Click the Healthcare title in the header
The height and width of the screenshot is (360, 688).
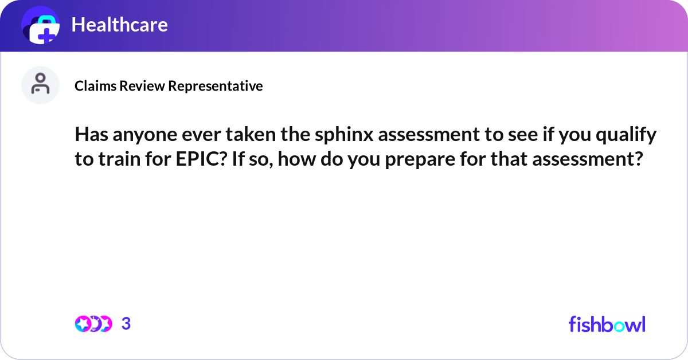pyautogui.click(x=119, y=25)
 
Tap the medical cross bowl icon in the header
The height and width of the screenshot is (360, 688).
pyautogui.click(x=41, y=25)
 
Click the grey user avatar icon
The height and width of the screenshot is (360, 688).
pyautogui.click(x=40, y=85)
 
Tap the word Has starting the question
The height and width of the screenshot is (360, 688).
pyautogui.click(x=90, y=136)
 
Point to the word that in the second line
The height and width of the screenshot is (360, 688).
pyautogui.click(x=508, y=159)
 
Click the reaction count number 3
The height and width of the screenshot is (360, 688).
pyautogui.click(x=126, y=324)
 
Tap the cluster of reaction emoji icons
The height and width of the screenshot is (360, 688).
pyautogui.click(x=93, y=324)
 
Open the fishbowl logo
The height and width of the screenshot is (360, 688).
pyautogui.click(x=607, y=324)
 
